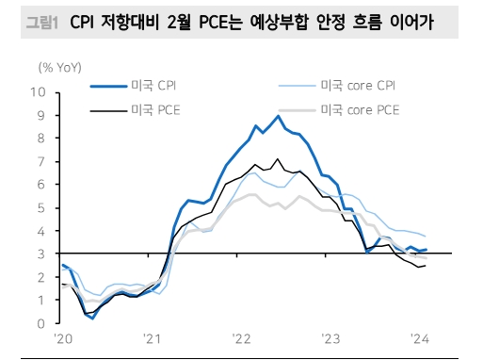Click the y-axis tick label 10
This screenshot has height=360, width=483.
(x=39, y=92)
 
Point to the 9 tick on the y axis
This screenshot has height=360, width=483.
(x=41, y=115)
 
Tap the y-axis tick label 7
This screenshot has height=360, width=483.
(x=41, y=161)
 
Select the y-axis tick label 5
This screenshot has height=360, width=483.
(x=41, y=207)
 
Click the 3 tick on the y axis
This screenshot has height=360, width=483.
(x=41, y=254)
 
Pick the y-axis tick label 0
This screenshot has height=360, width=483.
(x=41, y=323)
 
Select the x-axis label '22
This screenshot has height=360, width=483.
(x=241, y=338)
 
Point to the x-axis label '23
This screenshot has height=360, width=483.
(x=330, y=338)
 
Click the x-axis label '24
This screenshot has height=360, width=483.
(x=421, y=338)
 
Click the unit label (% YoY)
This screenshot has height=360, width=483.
(x=58, y=69)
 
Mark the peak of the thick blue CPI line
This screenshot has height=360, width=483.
(x=278, y=116)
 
